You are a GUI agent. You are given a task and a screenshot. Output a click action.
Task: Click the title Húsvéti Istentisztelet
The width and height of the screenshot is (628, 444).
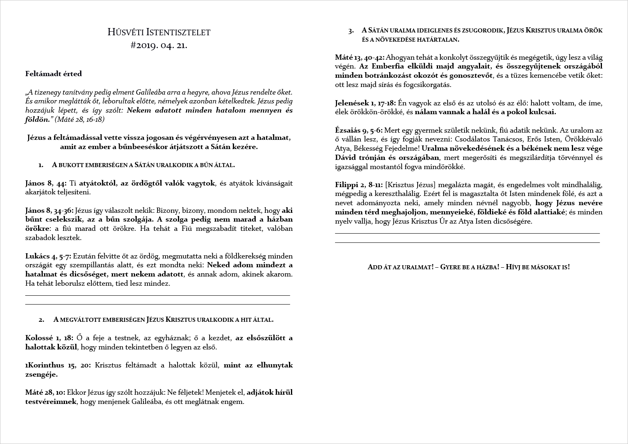point(159,32)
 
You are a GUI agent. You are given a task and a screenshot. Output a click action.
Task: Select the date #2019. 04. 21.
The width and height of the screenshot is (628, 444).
point(159,45)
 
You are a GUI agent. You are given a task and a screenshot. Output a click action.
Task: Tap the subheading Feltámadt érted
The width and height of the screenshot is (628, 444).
point(53,74)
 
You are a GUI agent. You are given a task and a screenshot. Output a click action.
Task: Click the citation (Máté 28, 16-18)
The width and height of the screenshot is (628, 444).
point(80,119)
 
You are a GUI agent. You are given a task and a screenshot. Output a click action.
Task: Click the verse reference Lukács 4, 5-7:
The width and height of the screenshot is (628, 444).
point(48,256)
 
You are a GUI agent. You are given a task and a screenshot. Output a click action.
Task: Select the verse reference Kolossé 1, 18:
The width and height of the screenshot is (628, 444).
point(49,338)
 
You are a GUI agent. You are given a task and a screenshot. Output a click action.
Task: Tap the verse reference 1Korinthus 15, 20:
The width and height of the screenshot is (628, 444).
point(58,365)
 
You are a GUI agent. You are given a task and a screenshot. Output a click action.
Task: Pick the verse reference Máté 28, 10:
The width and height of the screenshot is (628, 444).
point(45,393)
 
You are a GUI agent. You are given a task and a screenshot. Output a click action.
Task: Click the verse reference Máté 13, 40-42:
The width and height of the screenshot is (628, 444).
point(359,58)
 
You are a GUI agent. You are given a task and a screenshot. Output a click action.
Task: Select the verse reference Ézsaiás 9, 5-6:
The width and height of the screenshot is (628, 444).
point(359,131)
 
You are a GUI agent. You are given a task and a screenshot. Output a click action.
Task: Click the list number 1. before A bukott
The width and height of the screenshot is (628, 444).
point(41,165)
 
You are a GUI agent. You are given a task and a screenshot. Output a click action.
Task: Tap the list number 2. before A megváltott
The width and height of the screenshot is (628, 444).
point(41,320)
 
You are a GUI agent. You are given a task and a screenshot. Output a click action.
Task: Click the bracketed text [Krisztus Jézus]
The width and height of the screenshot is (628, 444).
point(410,185)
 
